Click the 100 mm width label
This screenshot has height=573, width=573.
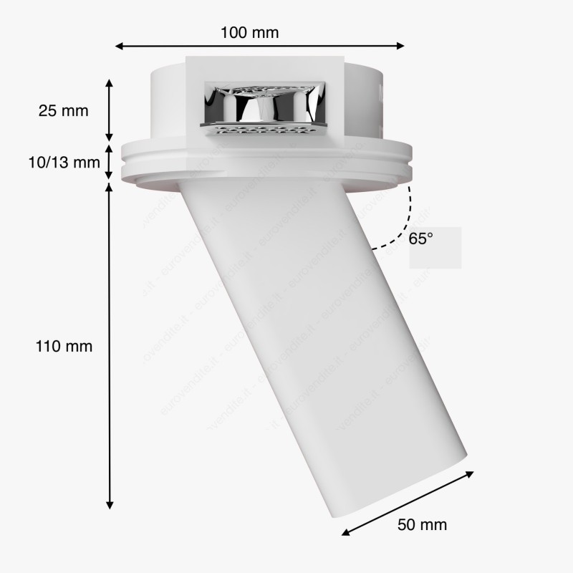pos(250,32)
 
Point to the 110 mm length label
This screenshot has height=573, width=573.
pos(64,346)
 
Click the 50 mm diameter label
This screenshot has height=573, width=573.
pos(422,524)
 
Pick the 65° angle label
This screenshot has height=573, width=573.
pos(421,239)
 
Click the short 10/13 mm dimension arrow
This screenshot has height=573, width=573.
pos(110,163)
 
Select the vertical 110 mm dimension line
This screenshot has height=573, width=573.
pos(110,344)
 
